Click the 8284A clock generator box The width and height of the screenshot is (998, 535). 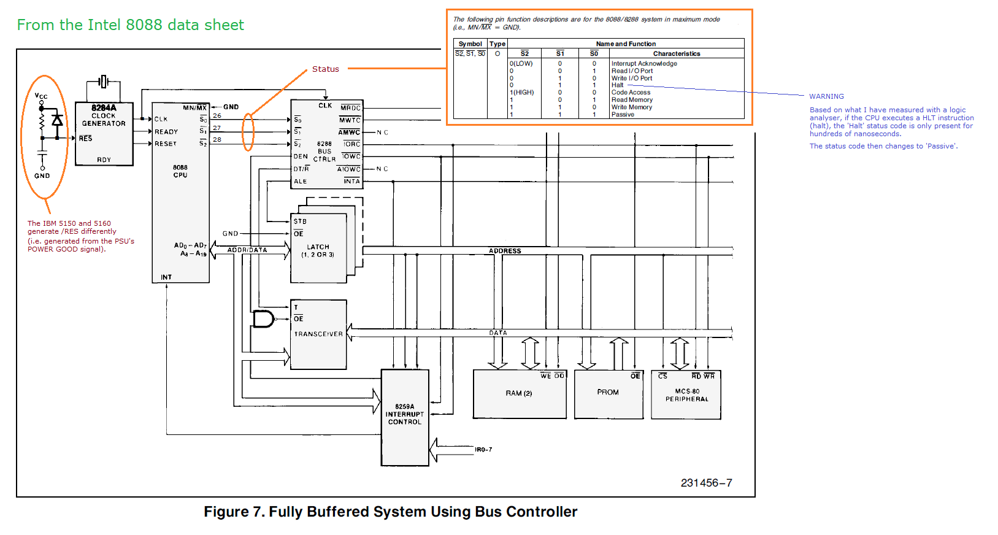(x=104, y=134)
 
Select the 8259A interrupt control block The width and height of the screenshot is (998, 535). (x=405, y=417)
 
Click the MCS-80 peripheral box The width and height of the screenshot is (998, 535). (x=686, y=395)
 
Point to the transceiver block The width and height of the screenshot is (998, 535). (x=318, y=334)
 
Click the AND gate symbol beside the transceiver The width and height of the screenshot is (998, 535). (x=263, y=319)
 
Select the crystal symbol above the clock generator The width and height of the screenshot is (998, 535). (x=104, y=81)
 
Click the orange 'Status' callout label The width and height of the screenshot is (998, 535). (x=325, y=69)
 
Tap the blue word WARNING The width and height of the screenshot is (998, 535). (x=826, y=96)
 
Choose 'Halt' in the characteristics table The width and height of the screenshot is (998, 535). (x=617, y=85)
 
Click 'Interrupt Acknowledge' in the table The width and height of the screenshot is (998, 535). (x=644, y=64)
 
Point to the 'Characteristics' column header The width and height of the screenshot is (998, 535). (x=676, y=54)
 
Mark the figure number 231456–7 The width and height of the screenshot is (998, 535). (x=706, y=483)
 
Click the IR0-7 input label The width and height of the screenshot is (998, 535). (x=483, y=450)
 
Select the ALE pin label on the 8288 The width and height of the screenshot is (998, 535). (x=300, y=182)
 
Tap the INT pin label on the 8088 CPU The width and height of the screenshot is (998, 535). (x=166, y=277)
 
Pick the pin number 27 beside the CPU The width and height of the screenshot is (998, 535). (x=217, y=128)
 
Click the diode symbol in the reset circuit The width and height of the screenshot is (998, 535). (x=57, y=120)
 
